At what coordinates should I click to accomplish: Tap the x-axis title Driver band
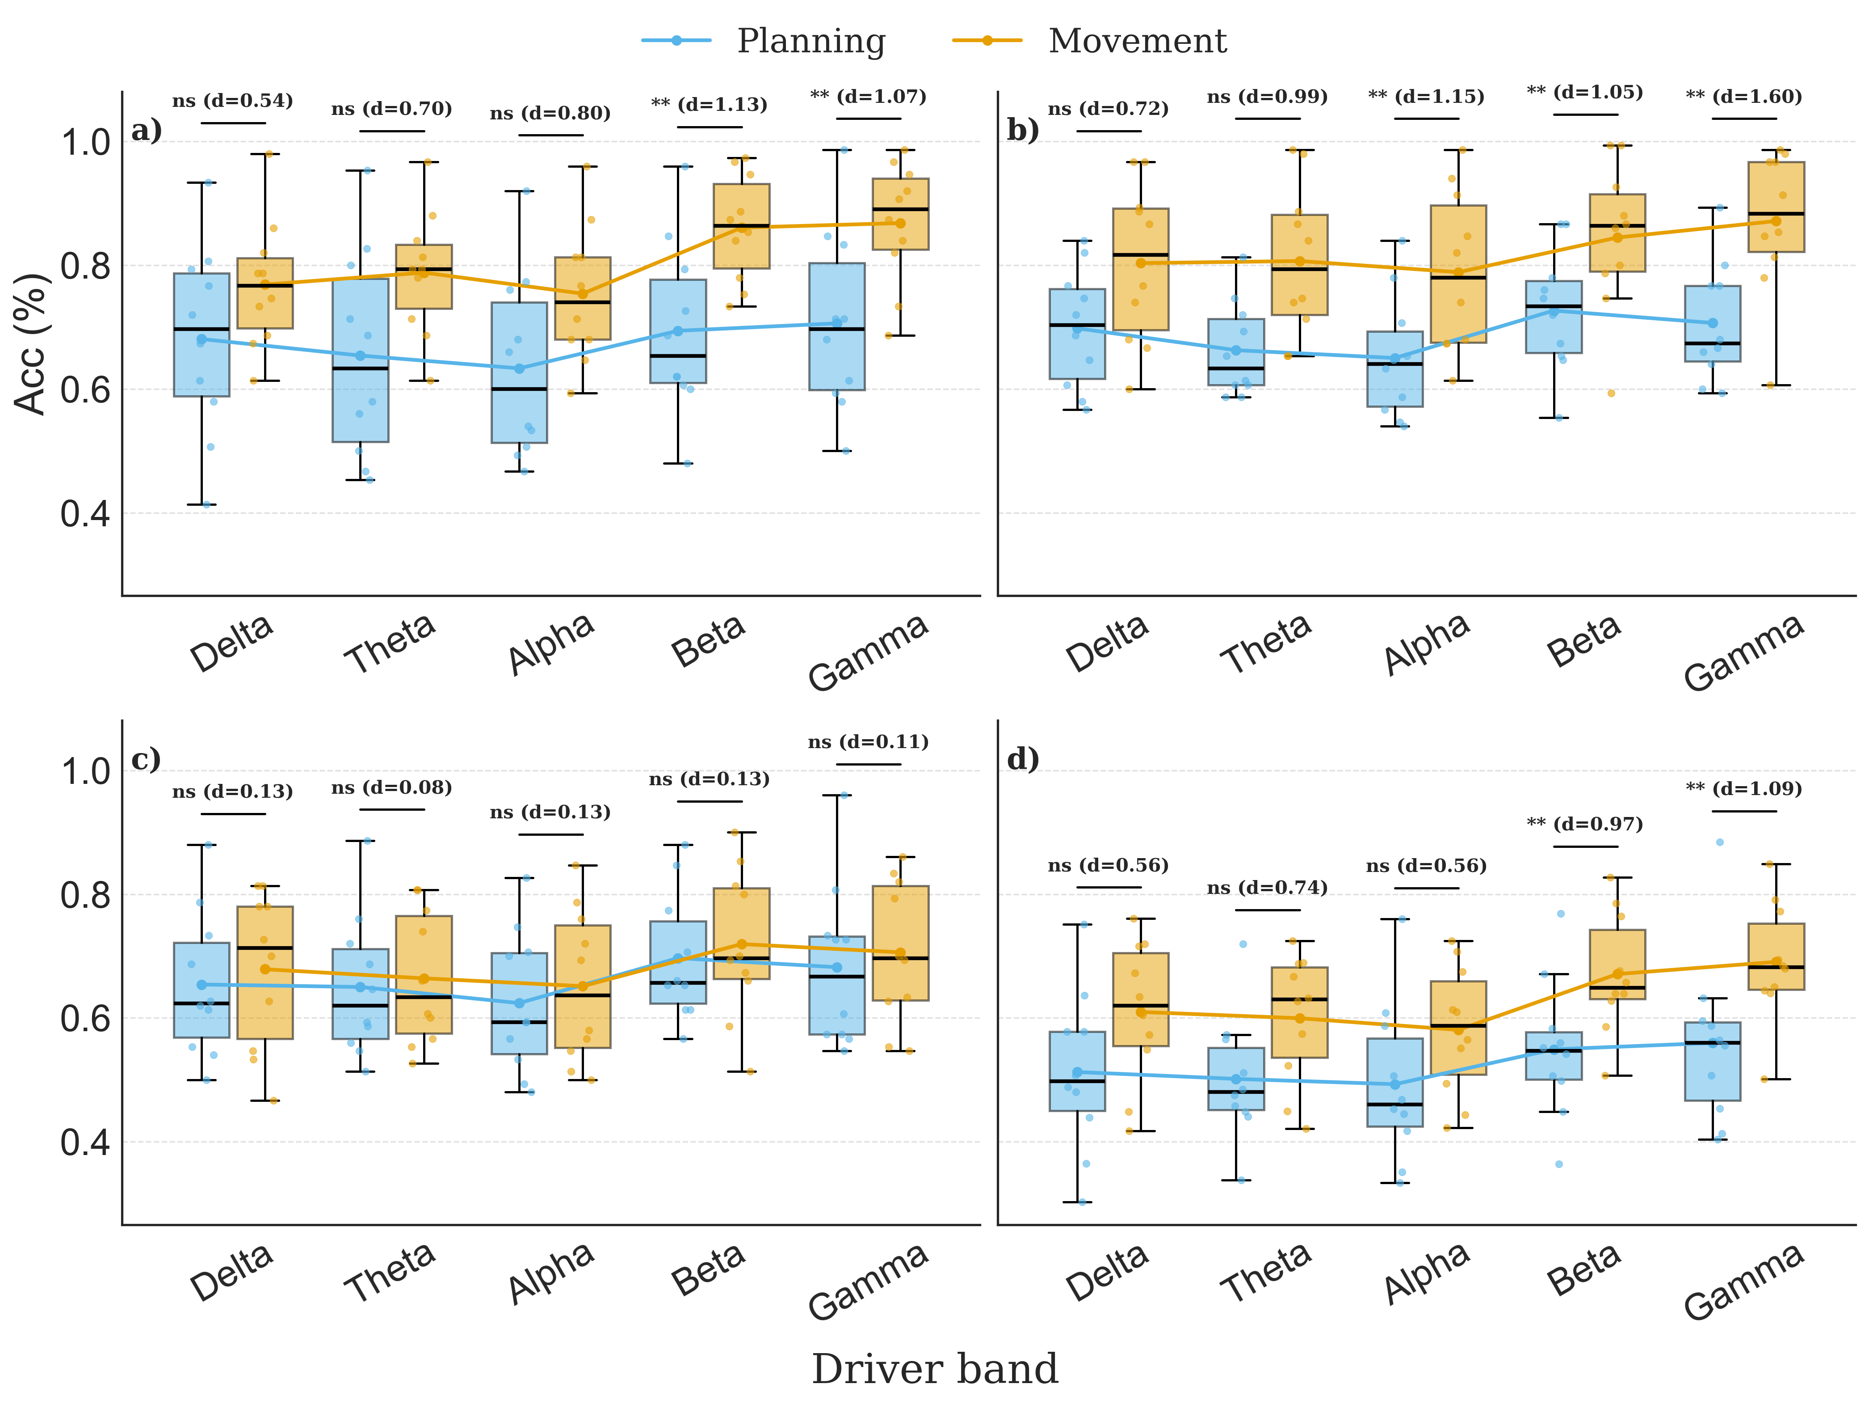pyautogui.click(x=935, y=1369)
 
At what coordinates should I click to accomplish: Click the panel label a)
pyautogui.click(x=146, y=131)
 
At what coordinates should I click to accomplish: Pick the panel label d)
pyautogui.click(x=1022, y=759)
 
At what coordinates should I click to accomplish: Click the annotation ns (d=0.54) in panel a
pyautogui.click(x=232, y=102)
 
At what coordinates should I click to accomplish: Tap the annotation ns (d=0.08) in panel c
pyautogui.click(x=391, y=788)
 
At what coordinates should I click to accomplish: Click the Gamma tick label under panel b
pyautogui.click(x=1743, y=652)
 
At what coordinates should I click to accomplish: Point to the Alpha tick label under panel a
pyautogui.click(x=551, y=644)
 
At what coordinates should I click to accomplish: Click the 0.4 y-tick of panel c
pyautogui.click(x=84, y=1142)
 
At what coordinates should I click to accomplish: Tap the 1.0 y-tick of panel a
pyautogui.click(x=84, y=142)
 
